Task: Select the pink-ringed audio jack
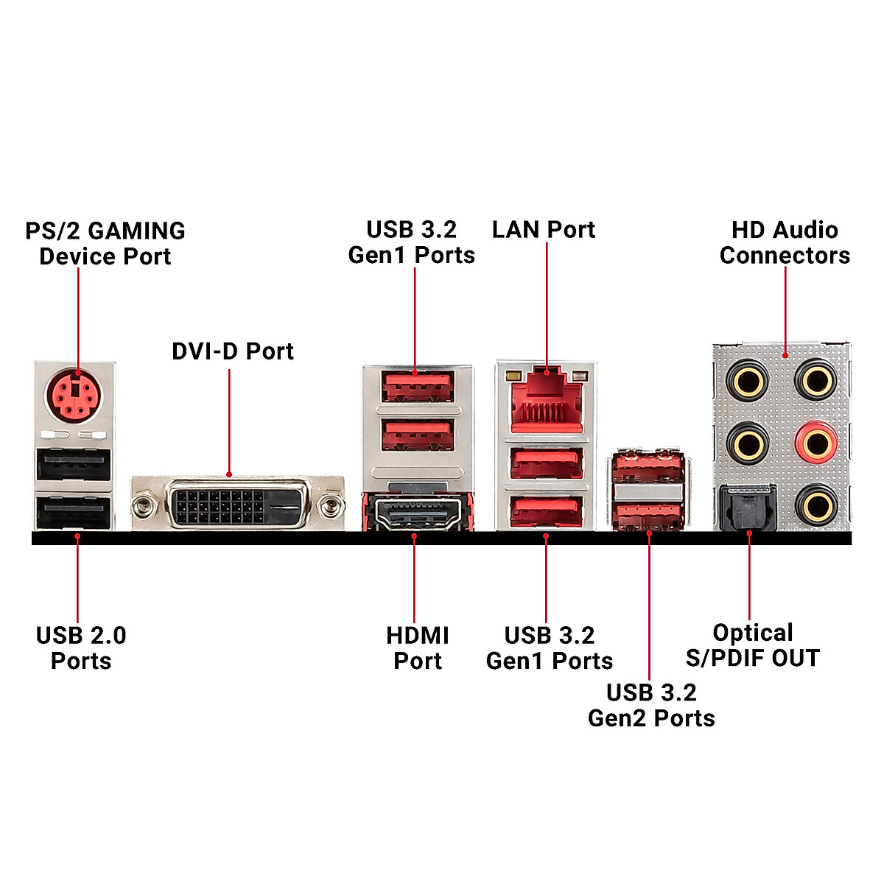point(815,443)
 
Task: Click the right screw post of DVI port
point(329,505)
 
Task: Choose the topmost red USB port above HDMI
point(416,385)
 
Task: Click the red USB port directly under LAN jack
point(547,464)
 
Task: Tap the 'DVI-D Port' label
point(232,351)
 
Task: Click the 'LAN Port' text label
point(543,230)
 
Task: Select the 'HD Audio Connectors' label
point(785,242)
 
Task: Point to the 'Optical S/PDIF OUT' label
point(752,645)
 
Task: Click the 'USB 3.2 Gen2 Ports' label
point(651,705)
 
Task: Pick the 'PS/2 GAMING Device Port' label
point(105,243)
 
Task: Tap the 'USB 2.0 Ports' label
point(81,648)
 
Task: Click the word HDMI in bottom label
point(418,635)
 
